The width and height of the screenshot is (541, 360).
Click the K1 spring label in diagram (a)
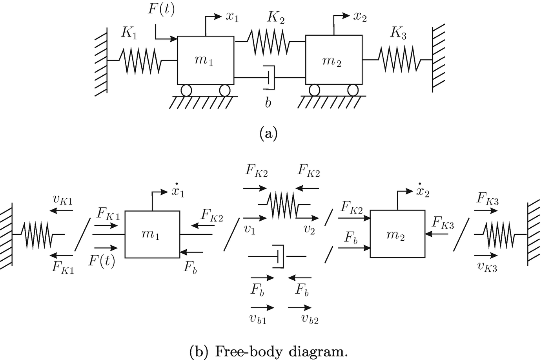tap(129, 33)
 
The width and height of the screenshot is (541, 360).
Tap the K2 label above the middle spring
tap(276, 18)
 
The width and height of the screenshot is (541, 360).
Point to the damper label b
tap(268, 103)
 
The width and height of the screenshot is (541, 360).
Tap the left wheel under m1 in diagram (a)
tap(186, 90)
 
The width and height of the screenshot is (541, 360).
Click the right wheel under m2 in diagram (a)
tap(353, 90)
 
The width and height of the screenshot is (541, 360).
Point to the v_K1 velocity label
tap(62, 200)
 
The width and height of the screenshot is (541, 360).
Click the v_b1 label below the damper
tap(258, 319)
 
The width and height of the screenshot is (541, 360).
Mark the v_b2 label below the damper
tap(310, 319)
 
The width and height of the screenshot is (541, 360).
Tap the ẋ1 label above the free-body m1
tap(176, 191)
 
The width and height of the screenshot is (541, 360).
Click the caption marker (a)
tap(268, 133)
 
